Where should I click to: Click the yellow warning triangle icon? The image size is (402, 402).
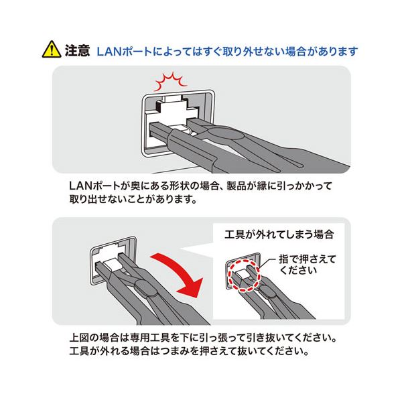pos(52,49)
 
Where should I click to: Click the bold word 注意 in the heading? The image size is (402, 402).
pos(77,50)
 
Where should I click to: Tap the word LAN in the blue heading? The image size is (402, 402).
pos(109,52)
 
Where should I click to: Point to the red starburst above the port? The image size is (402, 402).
pos(170,81)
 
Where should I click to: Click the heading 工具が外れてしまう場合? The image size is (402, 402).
pos(279,234)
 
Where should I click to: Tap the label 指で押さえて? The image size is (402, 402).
pos(308,259)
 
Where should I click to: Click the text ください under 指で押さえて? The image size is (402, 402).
pos(298,270)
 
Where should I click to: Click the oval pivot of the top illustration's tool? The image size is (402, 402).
pos(224,134)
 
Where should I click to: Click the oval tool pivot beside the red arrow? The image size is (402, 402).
pos(145,287)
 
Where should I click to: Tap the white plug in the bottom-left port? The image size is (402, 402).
pos(111,264)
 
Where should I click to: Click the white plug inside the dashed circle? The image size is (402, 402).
pos(243,274)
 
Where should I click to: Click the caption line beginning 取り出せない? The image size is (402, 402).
pos(133,200)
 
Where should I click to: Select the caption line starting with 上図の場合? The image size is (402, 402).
pos(203,338)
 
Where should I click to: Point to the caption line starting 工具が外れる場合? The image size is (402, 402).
pos(189,350)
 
